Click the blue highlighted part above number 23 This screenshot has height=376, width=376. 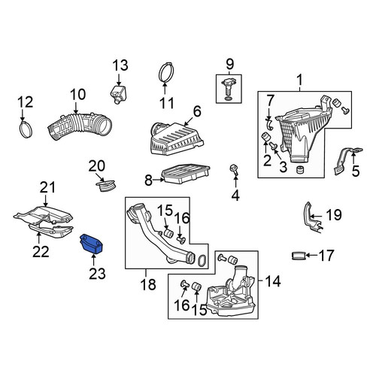(x=92, y=244)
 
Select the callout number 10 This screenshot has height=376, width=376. (x=78, y=95)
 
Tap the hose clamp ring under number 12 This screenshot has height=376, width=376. (x=26, y=129)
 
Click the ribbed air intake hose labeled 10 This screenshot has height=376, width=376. (x=79, y=126)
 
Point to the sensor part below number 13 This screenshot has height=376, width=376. (x=118, y=94)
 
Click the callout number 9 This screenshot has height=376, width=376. (x=229, y=65)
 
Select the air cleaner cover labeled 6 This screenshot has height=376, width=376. (x=177, y=138)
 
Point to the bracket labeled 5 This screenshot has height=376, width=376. (x=347, y=161)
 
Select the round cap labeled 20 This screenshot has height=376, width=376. (x=105, y=186)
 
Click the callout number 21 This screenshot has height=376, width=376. (x=47, y=188)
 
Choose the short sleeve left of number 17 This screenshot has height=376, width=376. (x=299, y=256)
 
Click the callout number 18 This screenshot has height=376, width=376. (x=148, y=284)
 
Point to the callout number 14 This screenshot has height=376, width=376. (x=273, y=281)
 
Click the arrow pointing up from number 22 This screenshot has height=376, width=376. (x=39, y=238)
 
